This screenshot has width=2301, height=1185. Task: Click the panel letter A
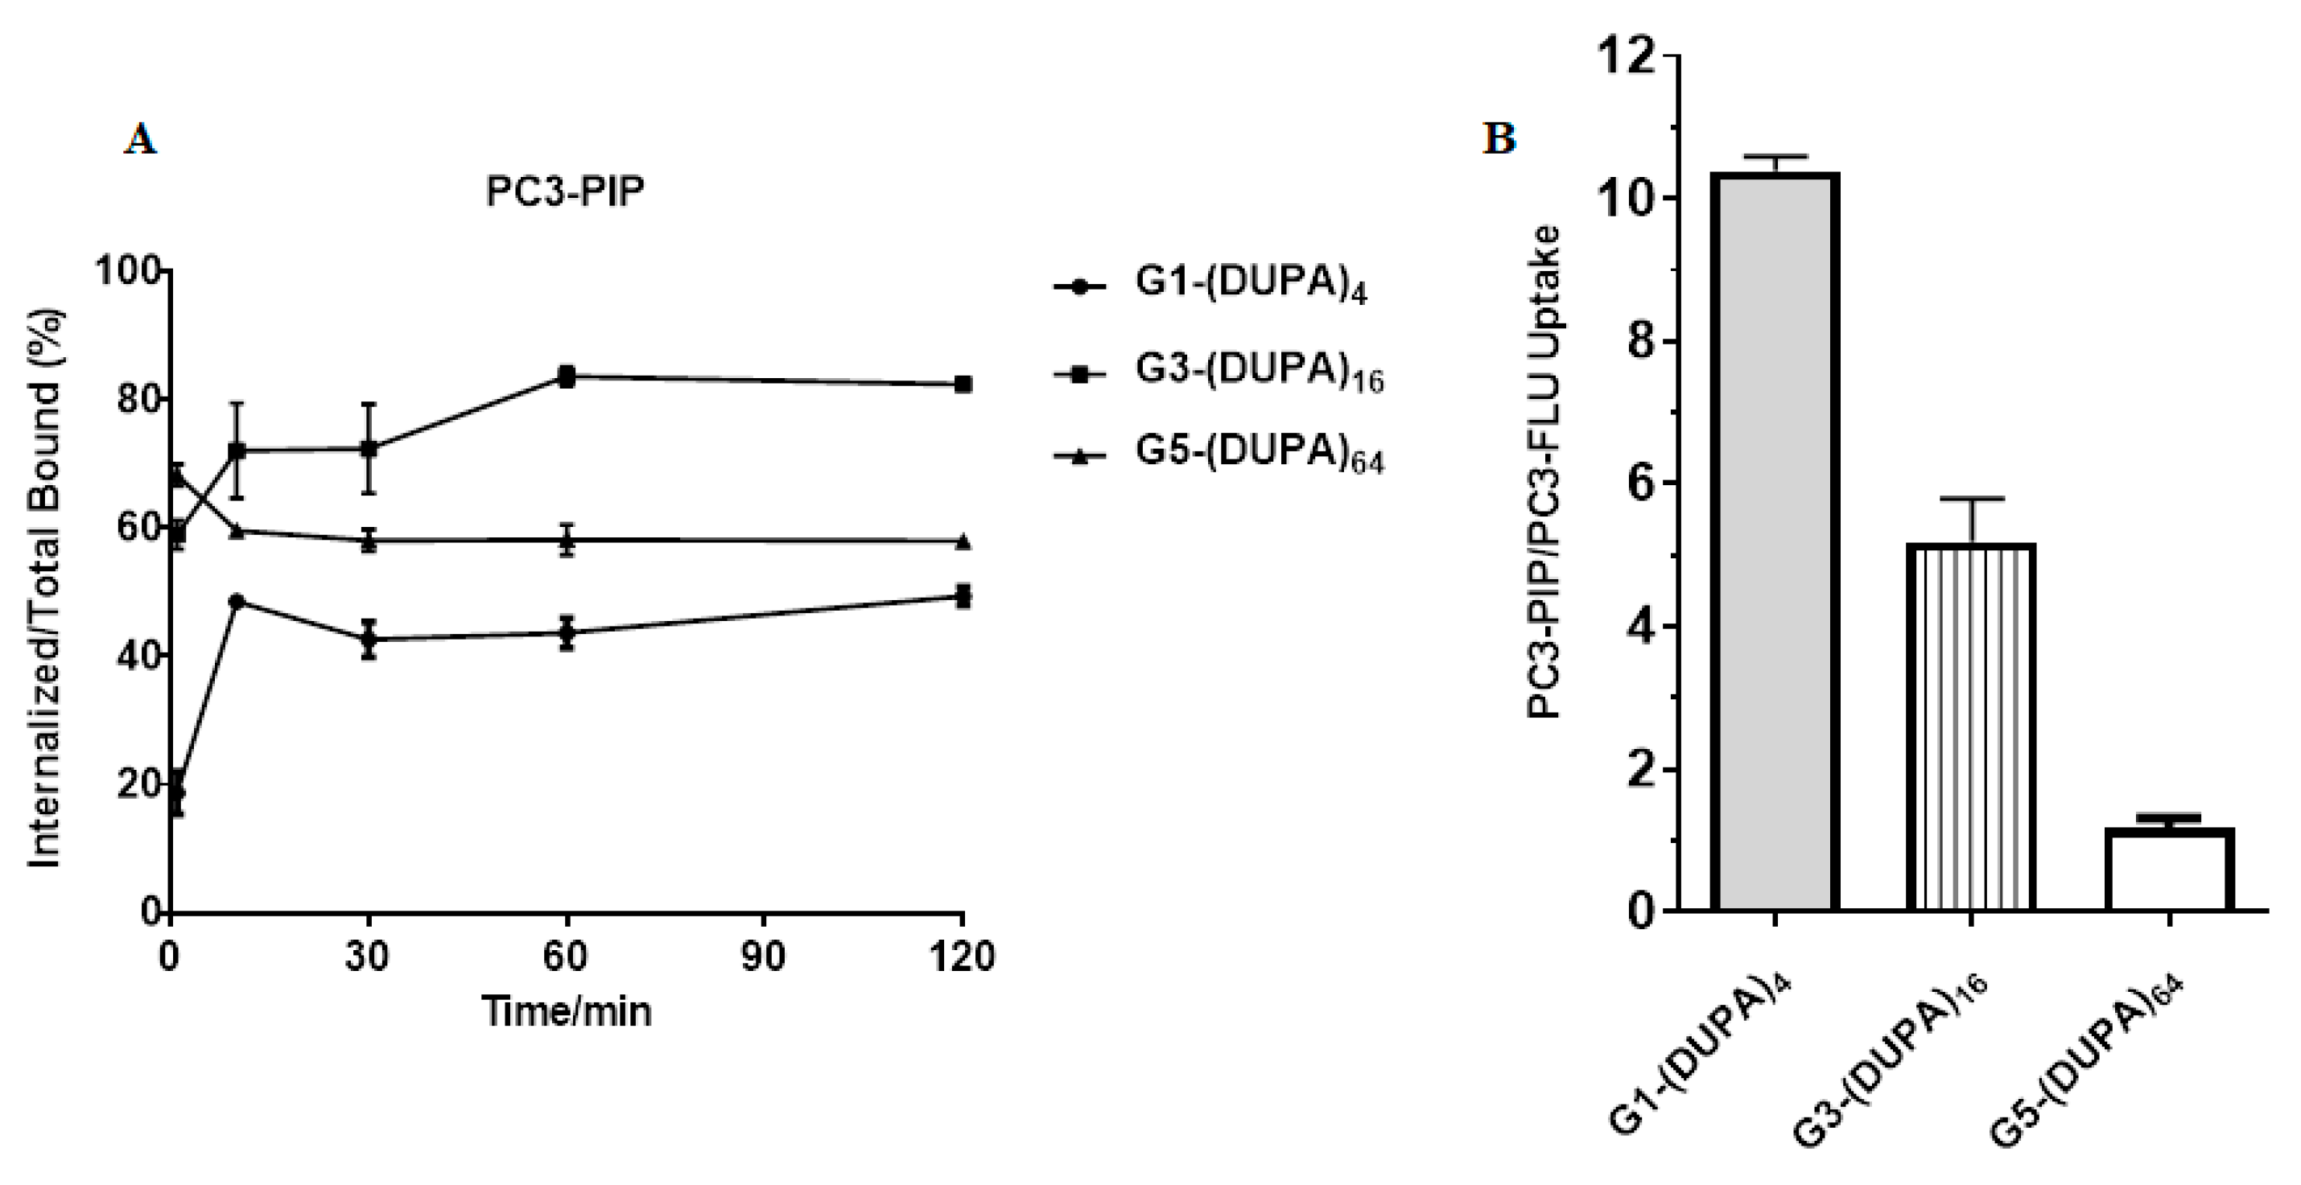coord(140,140)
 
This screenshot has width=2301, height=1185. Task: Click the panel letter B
coord(1499,138)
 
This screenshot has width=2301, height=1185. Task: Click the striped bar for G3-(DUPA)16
coord(1970,727)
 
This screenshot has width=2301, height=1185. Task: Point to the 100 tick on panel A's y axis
coord(132,270)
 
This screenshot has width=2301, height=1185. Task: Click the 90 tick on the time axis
coord(764,957)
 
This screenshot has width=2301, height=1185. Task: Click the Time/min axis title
coord(567,1012)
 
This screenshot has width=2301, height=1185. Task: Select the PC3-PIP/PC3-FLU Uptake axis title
coord(1543,472)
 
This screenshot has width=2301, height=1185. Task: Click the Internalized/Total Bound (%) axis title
coord(43,590)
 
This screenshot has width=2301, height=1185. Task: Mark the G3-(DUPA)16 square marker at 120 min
coord(963,384)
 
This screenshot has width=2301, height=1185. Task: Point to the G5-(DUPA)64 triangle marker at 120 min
coord(963,541)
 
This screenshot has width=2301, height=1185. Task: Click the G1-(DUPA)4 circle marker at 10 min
coord(237,601)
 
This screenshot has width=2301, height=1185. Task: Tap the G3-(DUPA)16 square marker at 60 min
coord(567,376)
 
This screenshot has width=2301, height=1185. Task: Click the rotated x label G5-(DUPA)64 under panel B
coord(2090,1059)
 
